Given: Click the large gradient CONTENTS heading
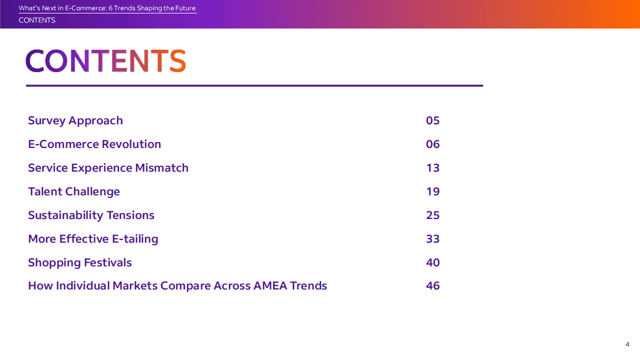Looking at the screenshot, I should pyautogui.click(x=105, y=61).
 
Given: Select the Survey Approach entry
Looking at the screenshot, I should pyautogui.click(x=75, y=121).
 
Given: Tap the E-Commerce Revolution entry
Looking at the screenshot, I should pyautogui.click(x=94, y=144).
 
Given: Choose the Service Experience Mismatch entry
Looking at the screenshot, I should pyautogui.click(x=108, y=168).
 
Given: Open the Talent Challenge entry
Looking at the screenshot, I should pyautogui.click(x=74, y=192).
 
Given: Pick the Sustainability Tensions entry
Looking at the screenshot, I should pyautogui.click(x=91, y=215).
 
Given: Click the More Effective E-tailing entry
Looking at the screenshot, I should pyautogui.click(x=93, y=239).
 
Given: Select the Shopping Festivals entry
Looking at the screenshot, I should pyautogui.click(x=80, y=263).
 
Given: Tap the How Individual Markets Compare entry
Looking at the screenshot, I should pyautogui.click(x=177, y=286).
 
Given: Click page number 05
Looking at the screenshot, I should pyautogui.click(x=432, y=121).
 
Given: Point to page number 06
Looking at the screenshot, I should pyautogui.click(x=432, y=144).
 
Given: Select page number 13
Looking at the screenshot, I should pyautogui.click(x=432, y=168).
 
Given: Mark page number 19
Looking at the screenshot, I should pyautogui.click(x=432, y=192).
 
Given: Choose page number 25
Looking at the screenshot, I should pyautogui.click(x=432, y=215).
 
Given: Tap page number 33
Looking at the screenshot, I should pyautogui.click(x=432, y=239).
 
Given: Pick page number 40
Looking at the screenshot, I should pyautogui.click(x=432, y=263).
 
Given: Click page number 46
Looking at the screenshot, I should pyautogui.click(x=432, y=286).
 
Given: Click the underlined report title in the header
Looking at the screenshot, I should pyautogui.click(x=107, y=9).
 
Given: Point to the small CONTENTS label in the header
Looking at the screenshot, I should pyautogui.click(x=37, y=20).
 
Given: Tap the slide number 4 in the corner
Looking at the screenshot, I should pyautogui.click(x=627, y=344).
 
